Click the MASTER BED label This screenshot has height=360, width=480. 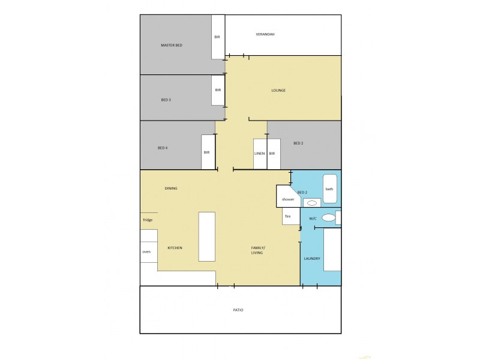point(171,46)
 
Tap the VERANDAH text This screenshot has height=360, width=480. point(265,34)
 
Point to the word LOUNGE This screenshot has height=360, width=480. point(278,91)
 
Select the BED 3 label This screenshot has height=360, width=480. point(166,100)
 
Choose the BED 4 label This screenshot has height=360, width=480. point(163,148)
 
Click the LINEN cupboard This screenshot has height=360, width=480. point(260,154)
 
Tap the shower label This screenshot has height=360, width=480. point(288,199)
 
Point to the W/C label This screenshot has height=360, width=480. point(313,219)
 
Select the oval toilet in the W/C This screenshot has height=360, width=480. point(328,218)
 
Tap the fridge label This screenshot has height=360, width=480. point(148,220)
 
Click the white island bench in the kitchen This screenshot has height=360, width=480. point(206,236)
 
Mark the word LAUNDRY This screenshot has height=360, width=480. point(312,259)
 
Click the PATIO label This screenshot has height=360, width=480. point(238,310)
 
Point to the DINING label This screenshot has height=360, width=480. point(171,188)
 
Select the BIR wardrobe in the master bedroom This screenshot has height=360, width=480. point(218,37)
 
